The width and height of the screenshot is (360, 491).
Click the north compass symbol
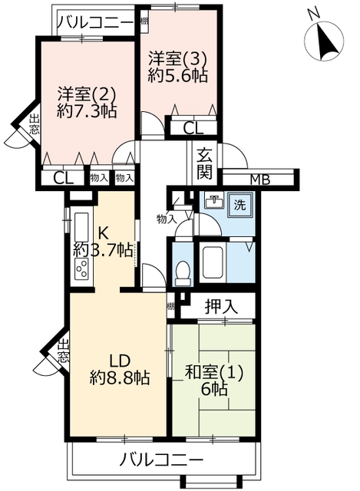(x=324, y=41)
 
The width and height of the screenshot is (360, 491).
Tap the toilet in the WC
(x=183, y=273)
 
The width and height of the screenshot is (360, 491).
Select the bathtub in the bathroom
(x=213, y=263)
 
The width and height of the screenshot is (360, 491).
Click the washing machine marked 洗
(x=241, y=205)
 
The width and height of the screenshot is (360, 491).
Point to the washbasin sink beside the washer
(x=214, y=201)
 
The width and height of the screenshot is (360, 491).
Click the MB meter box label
(x=260, y=180)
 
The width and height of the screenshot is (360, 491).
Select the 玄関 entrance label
(x=205, y=164)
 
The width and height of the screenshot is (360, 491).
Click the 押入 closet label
(x=220, y=307)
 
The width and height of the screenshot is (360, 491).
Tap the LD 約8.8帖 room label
(x=120, y=370)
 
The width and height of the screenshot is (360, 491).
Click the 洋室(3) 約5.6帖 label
(x=177, y=67)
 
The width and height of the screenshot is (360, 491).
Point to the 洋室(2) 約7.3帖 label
(x=87, y=102)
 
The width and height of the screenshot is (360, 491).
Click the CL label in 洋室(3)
(x=193, y=128)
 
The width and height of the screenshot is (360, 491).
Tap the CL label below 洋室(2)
(x=63, y=178)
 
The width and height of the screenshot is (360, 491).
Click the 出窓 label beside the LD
(x=64, y=351)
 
